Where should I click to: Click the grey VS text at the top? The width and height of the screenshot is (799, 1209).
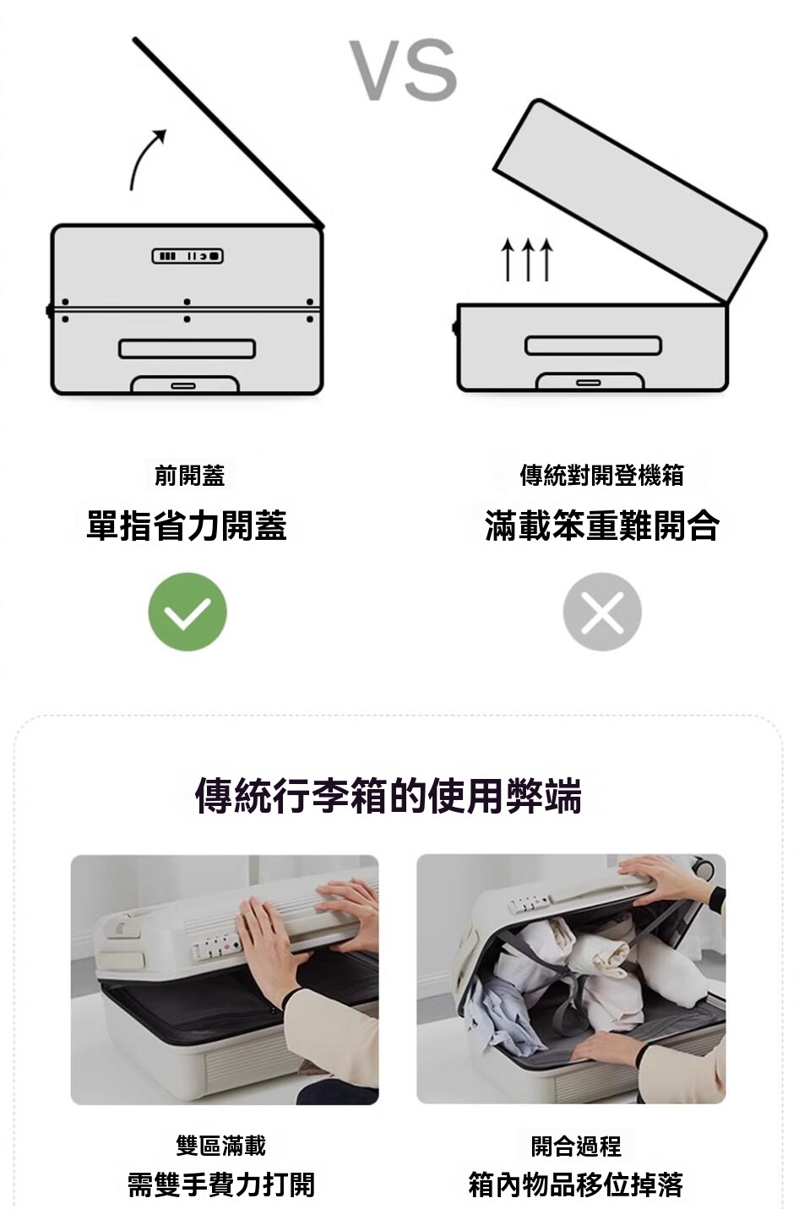pyautogui.click(x=403, y=70)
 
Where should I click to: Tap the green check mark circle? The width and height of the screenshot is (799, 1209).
pyautogui.click(x=188, y=612)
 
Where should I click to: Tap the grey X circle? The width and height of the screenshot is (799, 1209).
pyautogui.click(x=602, y=612)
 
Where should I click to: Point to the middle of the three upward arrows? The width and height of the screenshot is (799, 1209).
pyautogui.click(x=527, y=259)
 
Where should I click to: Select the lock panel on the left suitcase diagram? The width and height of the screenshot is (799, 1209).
pyautogui.click(x=188, y=256)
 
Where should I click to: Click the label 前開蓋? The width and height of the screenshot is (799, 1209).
pyautogui.click(x=189, y=476)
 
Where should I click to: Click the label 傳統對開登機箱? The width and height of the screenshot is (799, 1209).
pyautogui.click(x=602, y=476)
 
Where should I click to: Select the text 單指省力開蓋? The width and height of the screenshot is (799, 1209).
pyautogui.click(x=187, y=526)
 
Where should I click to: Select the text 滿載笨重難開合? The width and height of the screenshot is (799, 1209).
pyautogui.click(x=602, y=526)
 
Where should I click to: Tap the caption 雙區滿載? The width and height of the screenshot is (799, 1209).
pyautogui.click(x=221, y=1145)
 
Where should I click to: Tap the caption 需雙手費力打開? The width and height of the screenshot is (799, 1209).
pyautogui.click(x=221, y=1184)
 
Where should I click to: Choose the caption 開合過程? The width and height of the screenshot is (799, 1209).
pyautogui.click(x=576, y=1145)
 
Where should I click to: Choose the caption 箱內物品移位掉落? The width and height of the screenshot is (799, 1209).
pyautogui.click(x=576, y=1184)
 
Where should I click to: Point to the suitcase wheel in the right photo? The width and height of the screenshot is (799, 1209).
pyautogui.click(x=704, y=869)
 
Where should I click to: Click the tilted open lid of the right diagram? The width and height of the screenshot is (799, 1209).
pyautogui.click(x=630, y=201)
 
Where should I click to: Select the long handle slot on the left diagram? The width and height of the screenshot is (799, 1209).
pyautogui.click(x=188, y=349)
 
